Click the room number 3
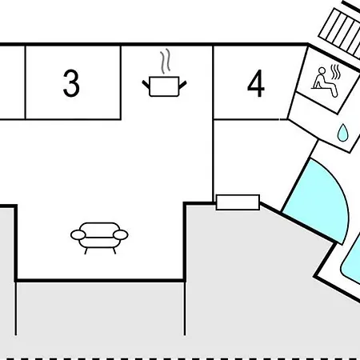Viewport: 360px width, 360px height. pyautogui.click(x=71, y=83)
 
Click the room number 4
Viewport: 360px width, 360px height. pyautogui.click(x=256, y=83)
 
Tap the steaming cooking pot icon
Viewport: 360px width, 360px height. pyautogui.click(x=164, y=73)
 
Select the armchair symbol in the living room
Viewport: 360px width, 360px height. pyautogui.click(x=99, y=238)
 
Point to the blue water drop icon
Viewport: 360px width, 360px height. pyautogui.click(x=342, y=133)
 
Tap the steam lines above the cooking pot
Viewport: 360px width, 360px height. pyautogui.click(x=166, y=61)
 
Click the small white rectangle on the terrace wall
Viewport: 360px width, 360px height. pyautogui.click(x=238, y=202)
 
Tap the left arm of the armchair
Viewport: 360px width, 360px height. pyautogui.click(x=78, y=235)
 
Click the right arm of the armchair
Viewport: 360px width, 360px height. pyautogui.click(x=121, y=235)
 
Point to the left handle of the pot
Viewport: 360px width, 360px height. pyautogui.click(x=146, y=84)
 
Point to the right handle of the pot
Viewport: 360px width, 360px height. pyautogui.click(x=182, y=85)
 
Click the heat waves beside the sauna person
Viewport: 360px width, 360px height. pyautogui.click(x=335, y=72)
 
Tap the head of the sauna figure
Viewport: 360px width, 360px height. pyautogui.click(x=322, y=70)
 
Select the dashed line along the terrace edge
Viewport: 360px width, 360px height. pyautogui.click(x=180, y=358)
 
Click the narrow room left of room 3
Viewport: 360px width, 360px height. pyautogui.click(x=12, y=82)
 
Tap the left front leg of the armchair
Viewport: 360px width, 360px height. pyautogui.click(x=86, y=251)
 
